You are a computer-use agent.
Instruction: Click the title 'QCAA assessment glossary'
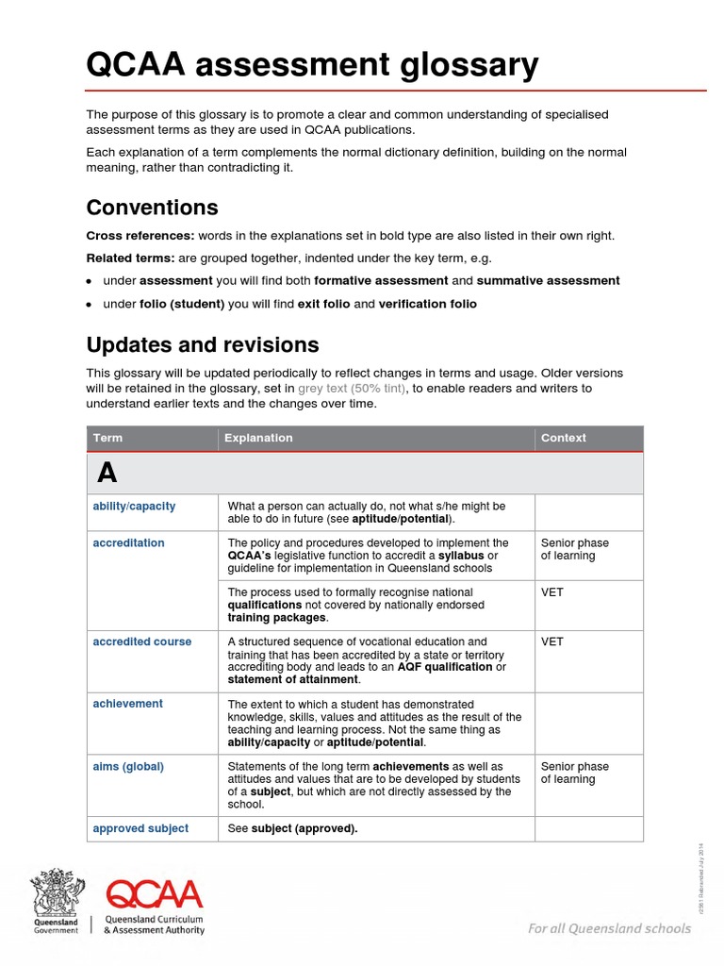point(312,65)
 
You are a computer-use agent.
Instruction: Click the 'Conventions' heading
point(152,208)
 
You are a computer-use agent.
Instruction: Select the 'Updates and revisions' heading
point(203,344)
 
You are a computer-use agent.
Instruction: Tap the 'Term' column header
point(107,438)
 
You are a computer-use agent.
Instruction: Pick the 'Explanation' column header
point(260,438)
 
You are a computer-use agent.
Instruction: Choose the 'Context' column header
point(564,438)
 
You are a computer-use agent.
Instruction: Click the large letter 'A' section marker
point(106,473)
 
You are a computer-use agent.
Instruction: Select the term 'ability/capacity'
point(134,507)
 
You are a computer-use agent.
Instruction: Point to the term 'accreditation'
point(128,543)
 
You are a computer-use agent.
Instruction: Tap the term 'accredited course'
point(141,641)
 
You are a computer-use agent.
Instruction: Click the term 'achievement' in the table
point(127,704)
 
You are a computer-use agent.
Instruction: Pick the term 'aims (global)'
point(128,767)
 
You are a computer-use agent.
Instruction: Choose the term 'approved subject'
point(140,828)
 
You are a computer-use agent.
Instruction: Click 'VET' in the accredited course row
point(552,641)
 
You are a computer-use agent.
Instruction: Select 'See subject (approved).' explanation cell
point(292,828)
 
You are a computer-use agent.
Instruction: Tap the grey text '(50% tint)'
point(379,388)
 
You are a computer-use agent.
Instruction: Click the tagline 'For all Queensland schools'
point(609,928)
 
